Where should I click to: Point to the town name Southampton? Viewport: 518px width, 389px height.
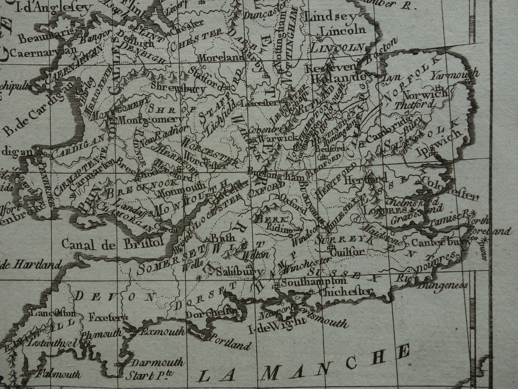click(313, 282)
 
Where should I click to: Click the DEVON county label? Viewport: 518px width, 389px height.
click(115, 296)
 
